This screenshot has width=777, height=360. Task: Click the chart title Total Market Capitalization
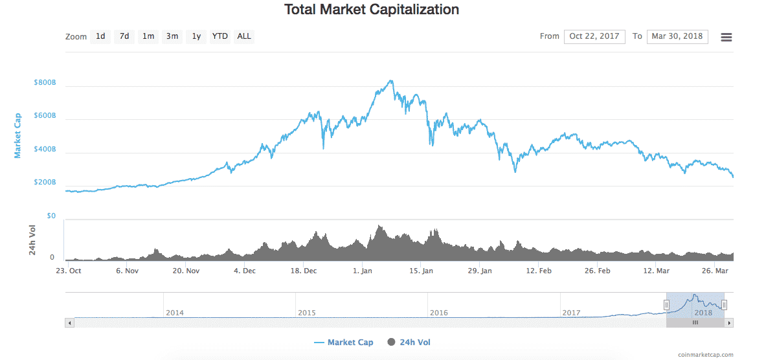pyautogui.click(x=372, y=10)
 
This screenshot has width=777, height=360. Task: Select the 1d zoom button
pyautogui.click(x=100, y=36)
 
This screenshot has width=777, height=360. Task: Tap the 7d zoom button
pyautogui.click(x=124, y=36)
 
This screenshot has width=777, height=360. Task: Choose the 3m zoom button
pyautogui.click(x=172, y=36)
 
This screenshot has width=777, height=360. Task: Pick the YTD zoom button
pyautogui.click(x=220, y=36)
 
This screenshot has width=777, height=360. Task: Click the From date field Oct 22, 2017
pyautogui.click(x=594, y=36)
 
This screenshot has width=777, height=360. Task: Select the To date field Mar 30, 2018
pyautogui.click(x=677, y=36)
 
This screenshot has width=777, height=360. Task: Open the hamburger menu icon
pyautogui.click(x=726, y=37)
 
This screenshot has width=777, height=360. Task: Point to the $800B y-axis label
pyautogui.click(x=45, y=83)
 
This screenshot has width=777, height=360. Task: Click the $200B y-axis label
pyautogui.click(x=45, y=183)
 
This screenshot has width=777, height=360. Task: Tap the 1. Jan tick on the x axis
pyautogui.click(x=362, y=271)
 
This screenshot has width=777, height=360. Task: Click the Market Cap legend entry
pyautogui.click(x=344, y=342)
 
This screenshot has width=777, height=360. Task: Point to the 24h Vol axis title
pyautogui.click(x=32, y=240)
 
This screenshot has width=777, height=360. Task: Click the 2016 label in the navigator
pyautogui.click(x=439, y=313)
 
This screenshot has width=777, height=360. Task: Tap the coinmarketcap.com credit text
pyautogui.click(x=706, y=354)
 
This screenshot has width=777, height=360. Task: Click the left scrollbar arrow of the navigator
pyautogui.click(x=69, y=322)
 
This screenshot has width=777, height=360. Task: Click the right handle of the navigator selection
pyautogui.click(x=724, y=304)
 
